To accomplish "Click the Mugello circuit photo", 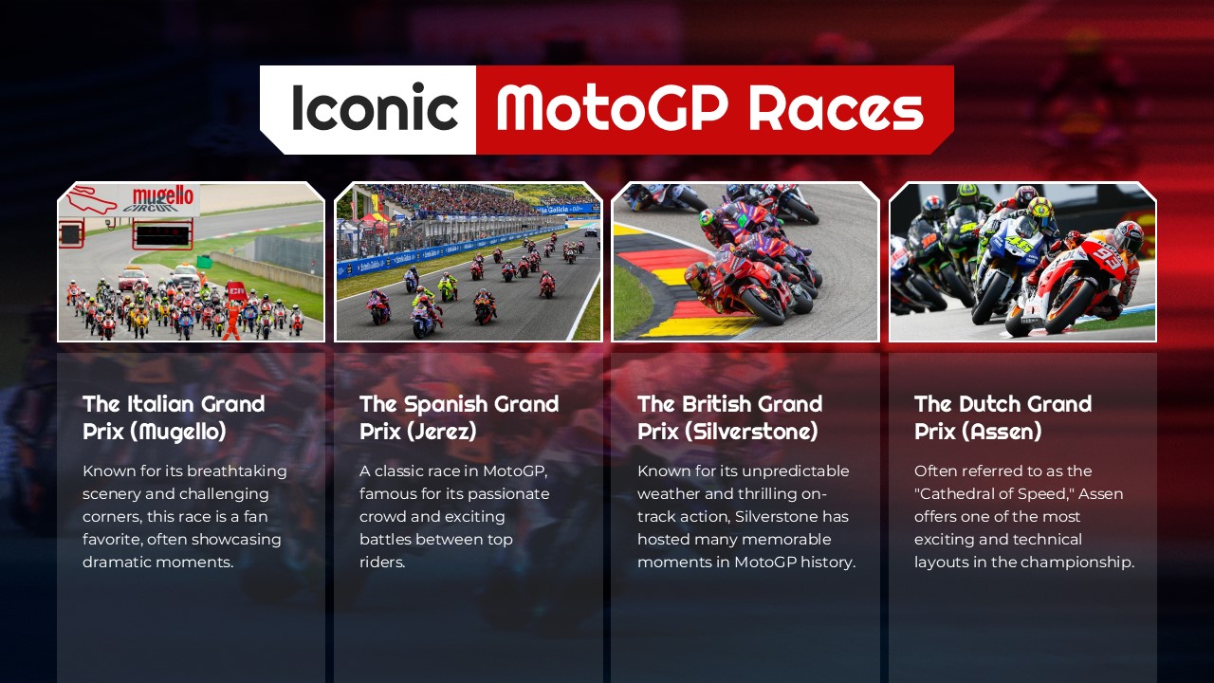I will (191, 262).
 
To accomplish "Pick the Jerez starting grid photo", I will (469, 262).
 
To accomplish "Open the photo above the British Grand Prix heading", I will (745, 262).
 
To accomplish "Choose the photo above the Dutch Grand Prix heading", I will (1022, 262).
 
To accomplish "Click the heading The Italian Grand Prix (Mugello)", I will (174, 417).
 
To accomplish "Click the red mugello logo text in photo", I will (162, 196).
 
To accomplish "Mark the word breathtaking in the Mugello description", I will (236, 471).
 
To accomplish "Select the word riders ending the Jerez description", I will (381, 563).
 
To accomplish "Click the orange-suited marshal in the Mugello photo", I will (231, 319).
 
